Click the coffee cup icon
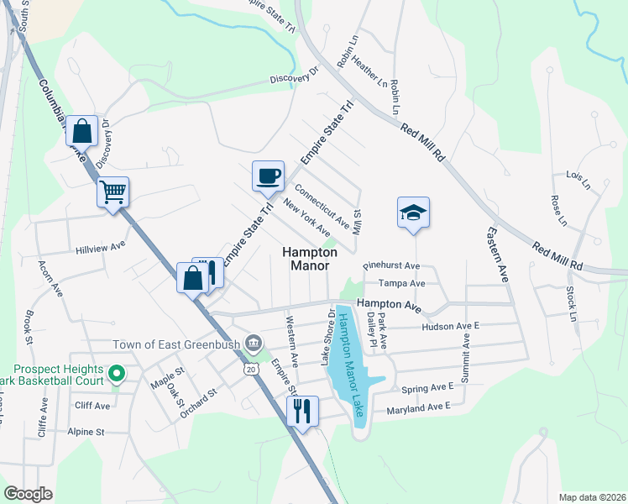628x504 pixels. click(269, 176)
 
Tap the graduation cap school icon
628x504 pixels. click(413, 212)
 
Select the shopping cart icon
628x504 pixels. click(113, 192)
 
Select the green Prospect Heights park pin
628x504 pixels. click(118, 372)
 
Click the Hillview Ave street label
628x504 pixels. click(100, 249)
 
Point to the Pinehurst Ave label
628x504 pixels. click(391, 265)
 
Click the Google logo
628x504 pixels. click(29, 494)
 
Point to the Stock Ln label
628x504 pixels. click(571, 305)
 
